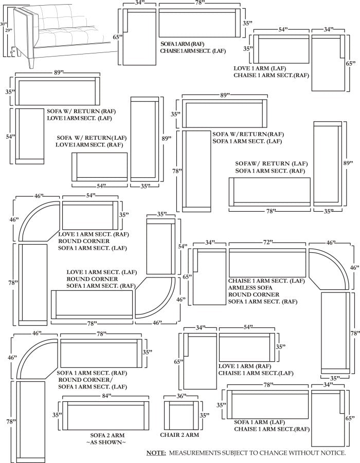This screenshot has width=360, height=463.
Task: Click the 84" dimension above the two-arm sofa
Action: (x=105, y=396)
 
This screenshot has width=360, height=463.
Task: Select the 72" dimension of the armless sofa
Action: (x=268, y=242)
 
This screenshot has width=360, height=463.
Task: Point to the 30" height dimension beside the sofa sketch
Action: (x=4, y=24)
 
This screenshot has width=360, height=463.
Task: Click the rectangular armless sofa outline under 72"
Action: (x=267, y=263)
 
